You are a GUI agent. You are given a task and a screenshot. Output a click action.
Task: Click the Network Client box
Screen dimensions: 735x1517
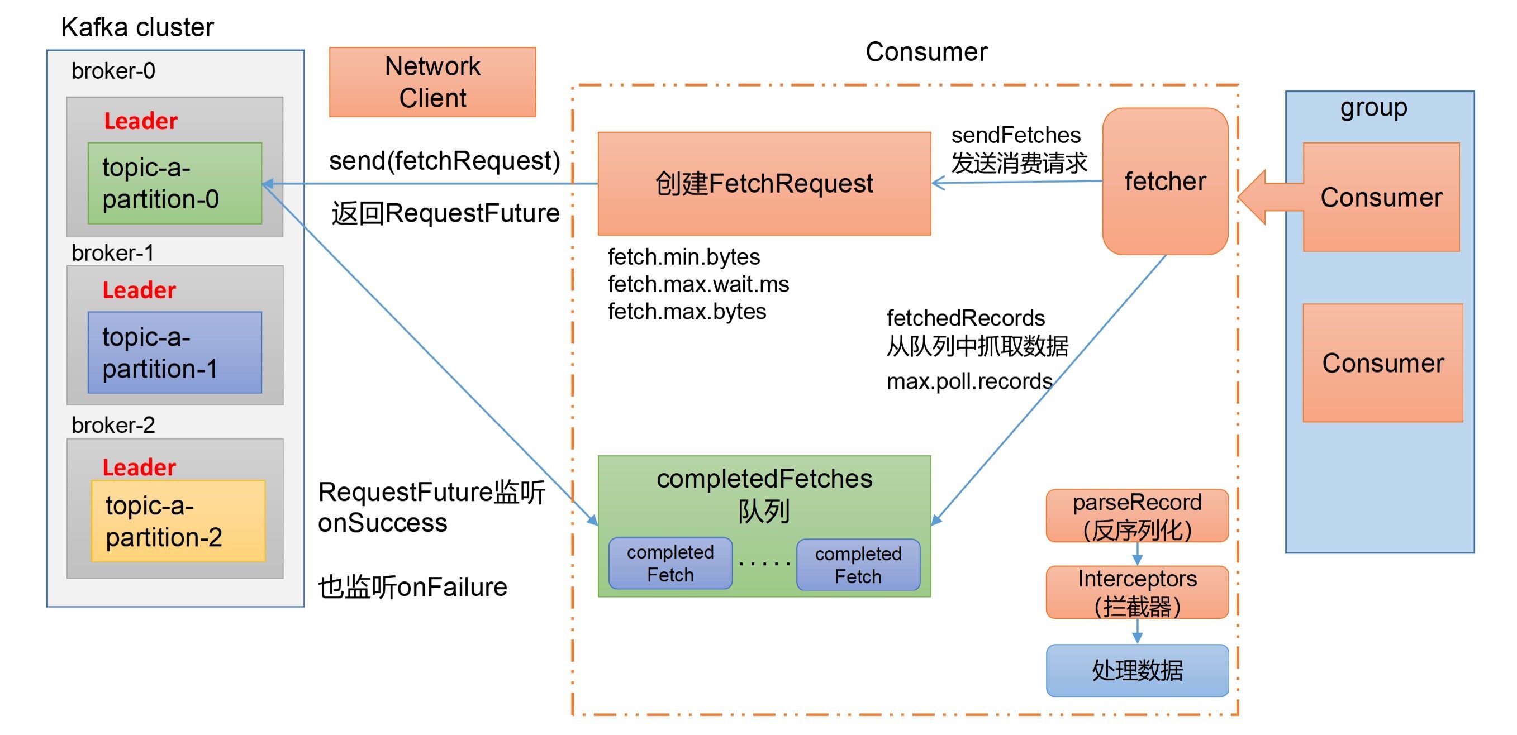click(432, 82)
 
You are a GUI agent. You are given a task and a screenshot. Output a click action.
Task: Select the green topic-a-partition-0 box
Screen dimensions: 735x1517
click(174, 183)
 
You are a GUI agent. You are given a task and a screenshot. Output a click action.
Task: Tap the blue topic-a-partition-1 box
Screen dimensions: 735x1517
click(174, 352)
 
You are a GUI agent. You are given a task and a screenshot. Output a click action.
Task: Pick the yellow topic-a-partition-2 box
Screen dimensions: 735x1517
click(178, 521)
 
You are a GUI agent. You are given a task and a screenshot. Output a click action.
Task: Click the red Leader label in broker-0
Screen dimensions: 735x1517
click(140, 121)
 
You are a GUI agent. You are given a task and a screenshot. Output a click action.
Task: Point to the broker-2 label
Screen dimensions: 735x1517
click(113, 425)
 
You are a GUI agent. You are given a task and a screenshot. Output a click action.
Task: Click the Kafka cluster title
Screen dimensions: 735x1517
click(137, 27)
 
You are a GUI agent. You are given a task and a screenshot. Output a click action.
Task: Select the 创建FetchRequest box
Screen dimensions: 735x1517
click(764, 183)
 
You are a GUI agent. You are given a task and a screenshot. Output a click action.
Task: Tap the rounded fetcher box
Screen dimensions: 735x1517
click(1164, 182)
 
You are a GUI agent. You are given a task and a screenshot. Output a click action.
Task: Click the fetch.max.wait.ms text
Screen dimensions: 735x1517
click(698, 284)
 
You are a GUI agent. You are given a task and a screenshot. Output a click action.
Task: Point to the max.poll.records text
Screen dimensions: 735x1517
click(969, 381)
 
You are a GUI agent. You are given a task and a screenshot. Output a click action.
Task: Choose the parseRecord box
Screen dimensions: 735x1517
click(1136, 516)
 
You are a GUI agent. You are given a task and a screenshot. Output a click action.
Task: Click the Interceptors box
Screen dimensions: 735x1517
click(1136, 592)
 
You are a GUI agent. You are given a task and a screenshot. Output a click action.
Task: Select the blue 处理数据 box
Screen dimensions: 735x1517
click(1136, 670)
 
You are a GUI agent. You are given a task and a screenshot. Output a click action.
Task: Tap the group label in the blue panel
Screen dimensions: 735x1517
click(1373, 108)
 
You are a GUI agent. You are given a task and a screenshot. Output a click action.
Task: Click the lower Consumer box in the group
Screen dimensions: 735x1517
click(1382, 362)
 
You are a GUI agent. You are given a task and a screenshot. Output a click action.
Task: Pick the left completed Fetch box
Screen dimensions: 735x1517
click(670, 563)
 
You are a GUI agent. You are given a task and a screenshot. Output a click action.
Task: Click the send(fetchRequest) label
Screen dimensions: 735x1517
click(444, 161)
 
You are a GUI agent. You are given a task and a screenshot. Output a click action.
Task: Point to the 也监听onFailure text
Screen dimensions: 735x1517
click(412, 586)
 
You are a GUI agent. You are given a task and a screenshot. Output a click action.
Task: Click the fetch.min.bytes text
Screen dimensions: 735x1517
click(684, 257)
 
